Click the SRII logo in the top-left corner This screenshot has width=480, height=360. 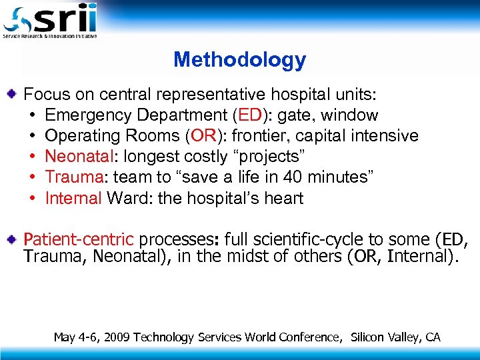tap(50, 20)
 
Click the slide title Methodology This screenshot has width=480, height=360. tap(239, 60)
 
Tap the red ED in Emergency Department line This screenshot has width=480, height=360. tap(250, 115)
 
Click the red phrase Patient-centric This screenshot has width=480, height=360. tap(79, 239)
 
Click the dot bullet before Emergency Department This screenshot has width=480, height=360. tap(32, 115)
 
